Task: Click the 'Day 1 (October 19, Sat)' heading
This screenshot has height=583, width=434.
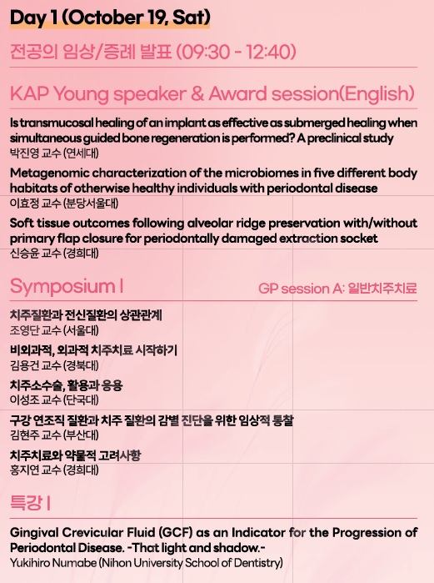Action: click(x=110, y=18)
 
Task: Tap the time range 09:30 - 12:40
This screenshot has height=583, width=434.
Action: click(x=236, y=52)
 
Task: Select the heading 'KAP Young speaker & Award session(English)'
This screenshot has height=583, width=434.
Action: click(x=212, y=93)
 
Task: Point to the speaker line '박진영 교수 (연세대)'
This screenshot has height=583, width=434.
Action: click(x=54, y=153)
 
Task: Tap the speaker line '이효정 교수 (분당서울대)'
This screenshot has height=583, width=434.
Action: click(x=64, y=203)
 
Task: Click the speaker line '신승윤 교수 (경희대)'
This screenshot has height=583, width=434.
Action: click(x=54, y=254)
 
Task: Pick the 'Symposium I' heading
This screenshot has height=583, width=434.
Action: click(x=67, y=286)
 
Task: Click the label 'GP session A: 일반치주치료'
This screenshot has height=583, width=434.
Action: click(x=337, y=289)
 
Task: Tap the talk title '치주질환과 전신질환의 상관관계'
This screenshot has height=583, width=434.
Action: click(x=86, y=315)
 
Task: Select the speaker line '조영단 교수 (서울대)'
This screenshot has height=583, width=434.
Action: click(x=54, y=330)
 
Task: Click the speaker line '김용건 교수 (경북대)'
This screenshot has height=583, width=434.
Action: click(x=54, y=365)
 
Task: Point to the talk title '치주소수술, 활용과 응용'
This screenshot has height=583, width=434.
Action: click(x=66, y=385)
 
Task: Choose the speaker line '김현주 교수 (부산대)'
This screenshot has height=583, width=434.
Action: click(x=54, y=435)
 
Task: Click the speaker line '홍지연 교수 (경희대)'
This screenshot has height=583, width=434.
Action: click(x=54, y=470)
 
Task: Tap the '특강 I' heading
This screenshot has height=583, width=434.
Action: click(x=30, y=503)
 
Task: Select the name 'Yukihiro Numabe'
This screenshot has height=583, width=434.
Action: click(x=53, y=563)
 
